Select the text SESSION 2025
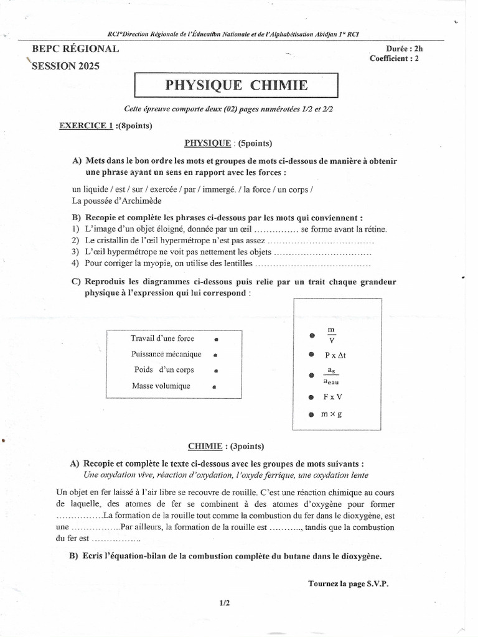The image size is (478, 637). pos(69,65)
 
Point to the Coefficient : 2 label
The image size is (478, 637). pos(395,58)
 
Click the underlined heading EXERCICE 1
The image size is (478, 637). pos(86,125)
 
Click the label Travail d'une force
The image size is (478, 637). pos(162,338)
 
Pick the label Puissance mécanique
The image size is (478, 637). pos(166,354)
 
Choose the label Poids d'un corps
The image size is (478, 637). pos(164,370)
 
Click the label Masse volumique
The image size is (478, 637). pos(161,386)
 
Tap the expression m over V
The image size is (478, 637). pos(331,335)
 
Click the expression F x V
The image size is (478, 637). pos(333,396)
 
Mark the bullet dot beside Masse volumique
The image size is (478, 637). pos(213,386)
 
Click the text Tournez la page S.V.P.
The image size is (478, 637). pos(351,583)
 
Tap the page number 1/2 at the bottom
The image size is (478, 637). pos(225,602)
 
